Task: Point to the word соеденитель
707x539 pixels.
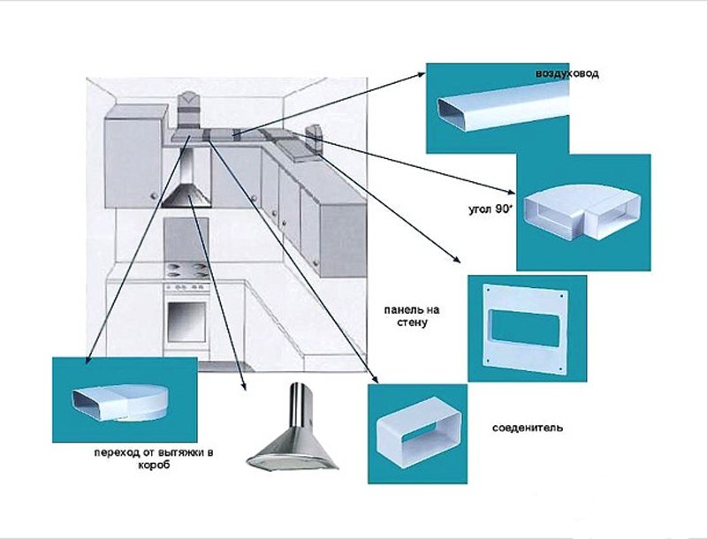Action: [528, 428]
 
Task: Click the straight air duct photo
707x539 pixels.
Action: [503, 110]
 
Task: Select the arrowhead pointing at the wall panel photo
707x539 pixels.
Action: [456, 261]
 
